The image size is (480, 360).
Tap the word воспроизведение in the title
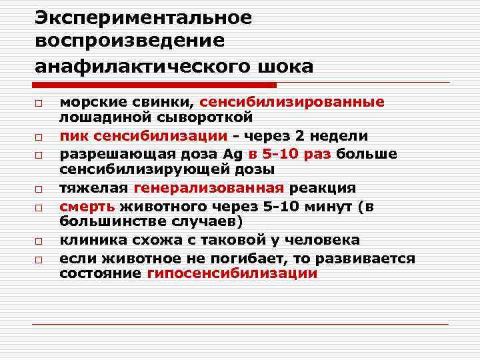click(130, 41)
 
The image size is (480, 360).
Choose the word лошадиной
click(100, 117)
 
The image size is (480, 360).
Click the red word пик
click(72, 136)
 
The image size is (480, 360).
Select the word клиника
click(90, 240)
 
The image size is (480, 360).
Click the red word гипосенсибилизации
click(232, 273)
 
